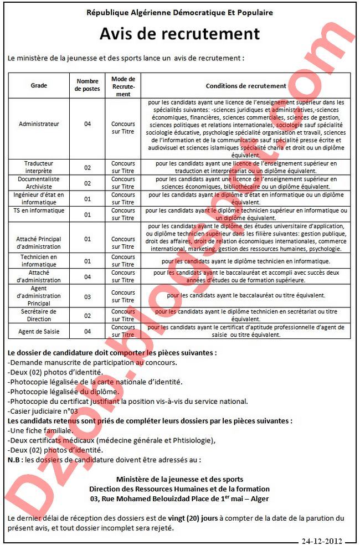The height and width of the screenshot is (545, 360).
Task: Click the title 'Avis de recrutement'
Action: [x=179, y=34]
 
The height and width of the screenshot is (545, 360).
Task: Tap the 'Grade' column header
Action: [x=39, y=86]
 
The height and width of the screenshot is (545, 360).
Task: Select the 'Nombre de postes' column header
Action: [x=88, y=86]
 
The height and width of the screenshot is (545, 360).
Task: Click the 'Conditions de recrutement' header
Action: [x=246, y=86]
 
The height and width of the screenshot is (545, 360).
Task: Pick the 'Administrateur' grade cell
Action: [x=39, y=124]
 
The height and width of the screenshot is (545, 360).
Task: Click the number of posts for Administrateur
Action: [x=88, y=124]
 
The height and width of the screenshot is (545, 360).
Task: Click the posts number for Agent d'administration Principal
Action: [x=88, y=297]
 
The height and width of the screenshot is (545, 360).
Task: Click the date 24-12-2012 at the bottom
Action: [x=323, y=541]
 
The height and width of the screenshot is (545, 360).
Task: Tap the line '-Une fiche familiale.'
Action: [x=41, y=430]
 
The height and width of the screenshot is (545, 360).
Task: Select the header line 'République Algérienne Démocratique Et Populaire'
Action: [x=179, y=12]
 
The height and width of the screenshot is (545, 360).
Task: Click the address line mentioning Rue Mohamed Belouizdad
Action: [x=179, y=498]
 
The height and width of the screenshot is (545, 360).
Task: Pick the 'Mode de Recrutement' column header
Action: [x=123, y=86]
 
